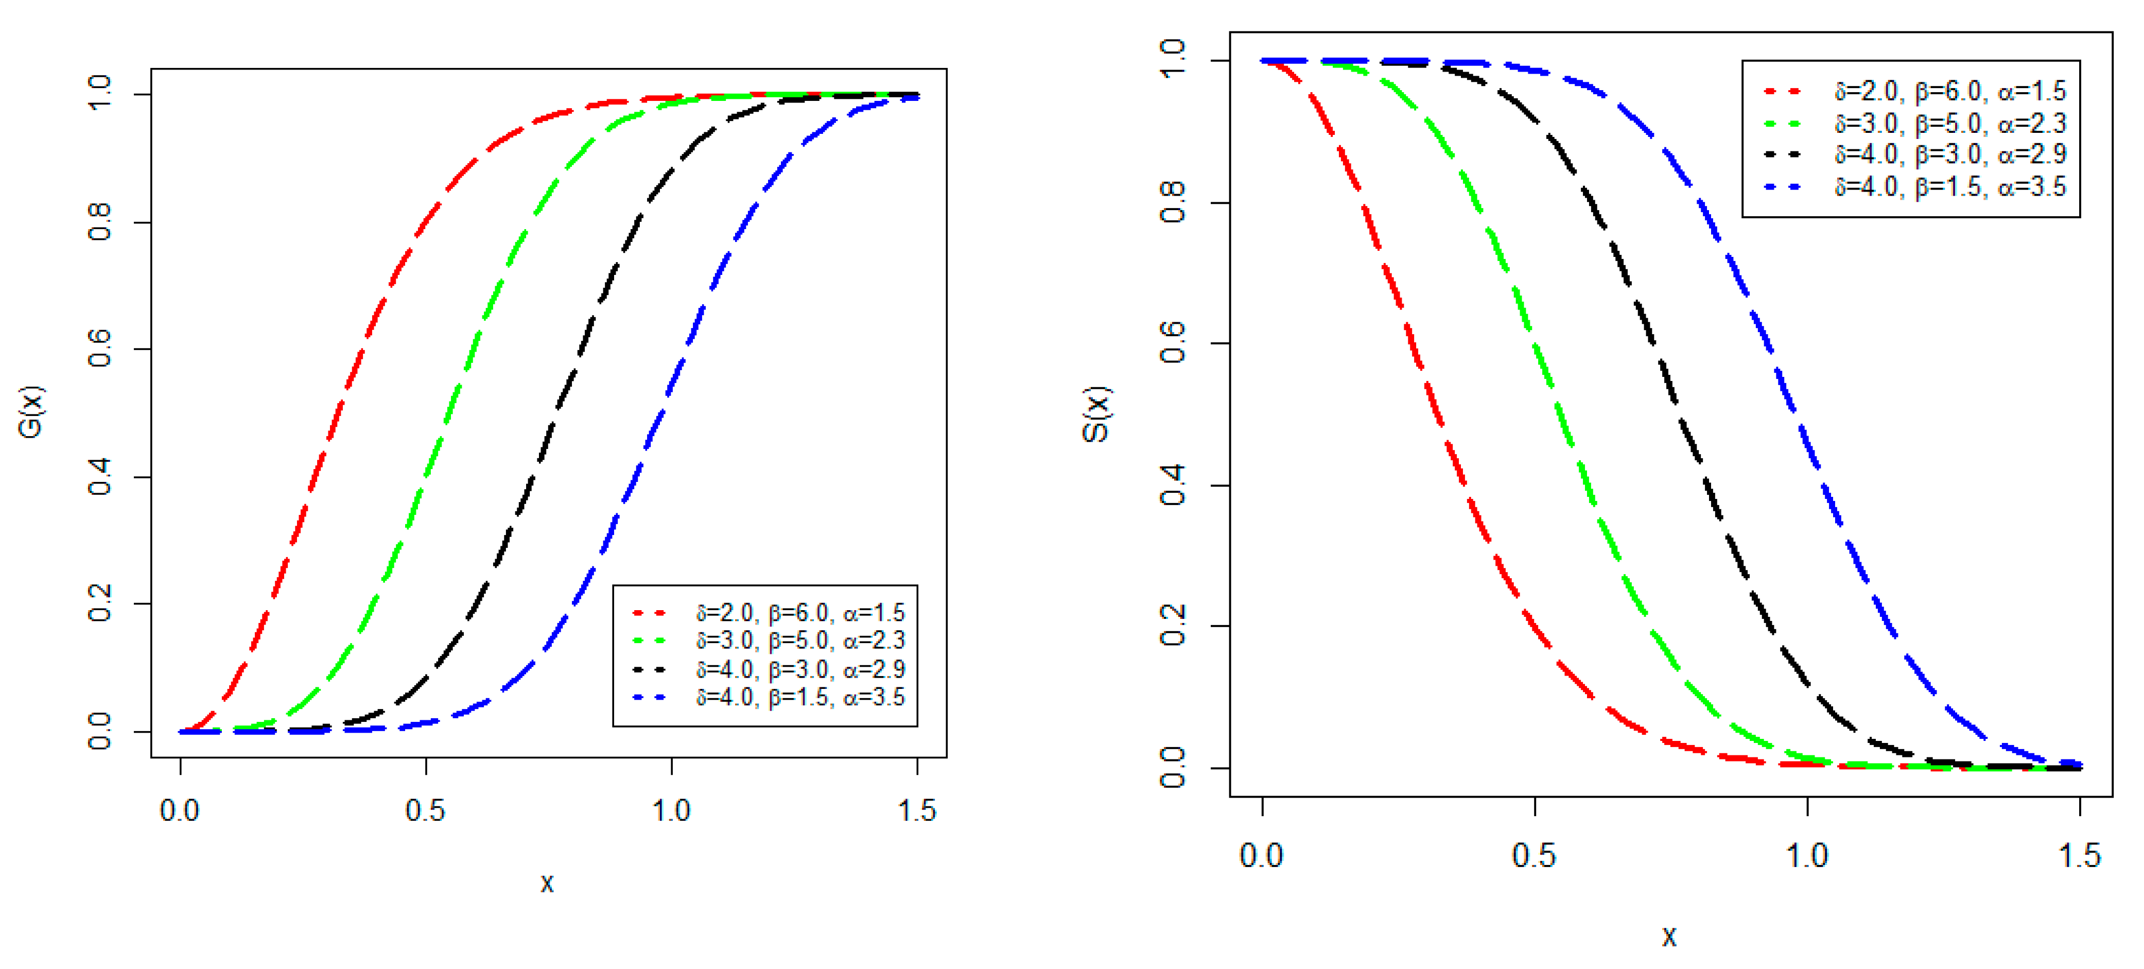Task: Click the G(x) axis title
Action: [x=31, y=412]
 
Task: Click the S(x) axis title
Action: [x=1095, y=414]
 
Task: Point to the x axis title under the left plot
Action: [x=547, y=883]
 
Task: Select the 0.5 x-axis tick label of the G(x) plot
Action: [x=425, y=810]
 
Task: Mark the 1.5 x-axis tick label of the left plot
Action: [x=916, y=810]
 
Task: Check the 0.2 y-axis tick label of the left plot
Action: [x=100, y=603]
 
